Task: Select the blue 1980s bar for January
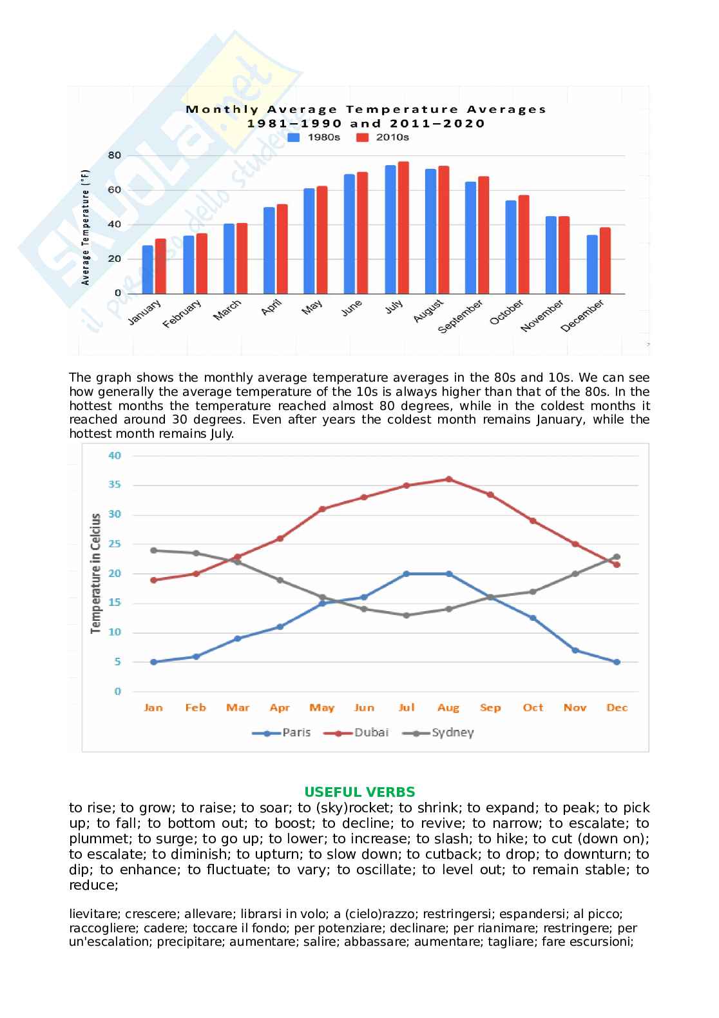pyautogui.click(x=148, y=269)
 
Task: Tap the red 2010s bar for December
pyautogui.click(x=604, y=260)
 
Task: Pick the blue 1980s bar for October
pyautogui.click(x=511, y=247)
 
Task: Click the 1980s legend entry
pyautogui.click(x=314, y=137)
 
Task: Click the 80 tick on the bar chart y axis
pyautogui.click(x=115, y=155)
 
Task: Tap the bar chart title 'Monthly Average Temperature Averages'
pyautogui.click(x=366, y=109)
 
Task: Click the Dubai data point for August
pyautogui.click(x=448, y=479)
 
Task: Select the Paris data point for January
pyautogui.click(x=153, y=662)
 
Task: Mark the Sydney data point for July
pyautogui.click(x=407, y=615)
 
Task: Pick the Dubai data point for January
pyautogui.click(x=153, y=580)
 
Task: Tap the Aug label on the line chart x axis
pyautogui.click(x=448, y=708)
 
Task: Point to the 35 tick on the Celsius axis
pyautogui.click(x=115, y=485)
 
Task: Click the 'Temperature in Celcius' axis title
pyautogui.click(x=96, y=573)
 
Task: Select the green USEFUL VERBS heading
pyautogui.click(x=359, y=792)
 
